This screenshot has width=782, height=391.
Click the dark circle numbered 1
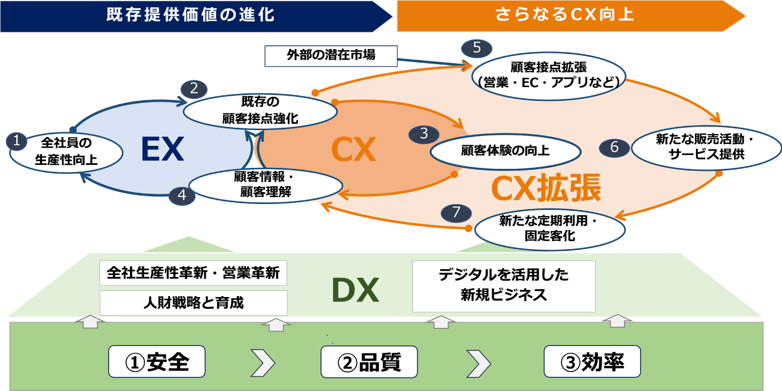click(x=17, y=141)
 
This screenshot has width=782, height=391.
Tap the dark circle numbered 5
click(x=477, y=48)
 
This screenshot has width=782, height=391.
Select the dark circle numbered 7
click(x=456, y=212)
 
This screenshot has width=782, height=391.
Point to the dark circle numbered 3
click(x=424, y=134)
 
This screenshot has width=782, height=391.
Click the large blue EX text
click(x=162, y=149)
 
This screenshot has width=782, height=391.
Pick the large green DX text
click(x=355, y=290)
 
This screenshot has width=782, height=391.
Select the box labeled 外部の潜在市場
click(x=331, y=55)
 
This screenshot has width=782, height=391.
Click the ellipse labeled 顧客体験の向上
click(x=505, y=151)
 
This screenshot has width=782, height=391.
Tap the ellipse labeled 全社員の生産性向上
click(x=66, y=152)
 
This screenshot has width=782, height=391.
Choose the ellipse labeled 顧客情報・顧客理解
click(x=265, y=184)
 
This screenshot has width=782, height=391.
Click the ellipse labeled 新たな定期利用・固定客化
click(x=550, y=229)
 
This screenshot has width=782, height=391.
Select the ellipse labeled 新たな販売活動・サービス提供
click(x=706, y=147)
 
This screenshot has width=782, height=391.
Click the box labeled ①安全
click(x=157, y=362)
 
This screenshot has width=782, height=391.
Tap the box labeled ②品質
click(x=369, y=362)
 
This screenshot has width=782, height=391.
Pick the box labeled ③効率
click(x=592, y=362)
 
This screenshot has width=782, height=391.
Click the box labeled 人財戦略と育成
click(x=194, y=303)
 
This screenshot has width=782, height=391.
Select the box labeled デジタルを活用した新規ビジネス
click(x=504, y=285)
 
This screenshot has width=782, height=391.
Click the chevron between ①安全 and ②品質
click(x=262, y=363)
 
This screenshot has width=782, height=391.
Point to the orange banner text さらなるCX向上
click(x=565, y=15)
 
